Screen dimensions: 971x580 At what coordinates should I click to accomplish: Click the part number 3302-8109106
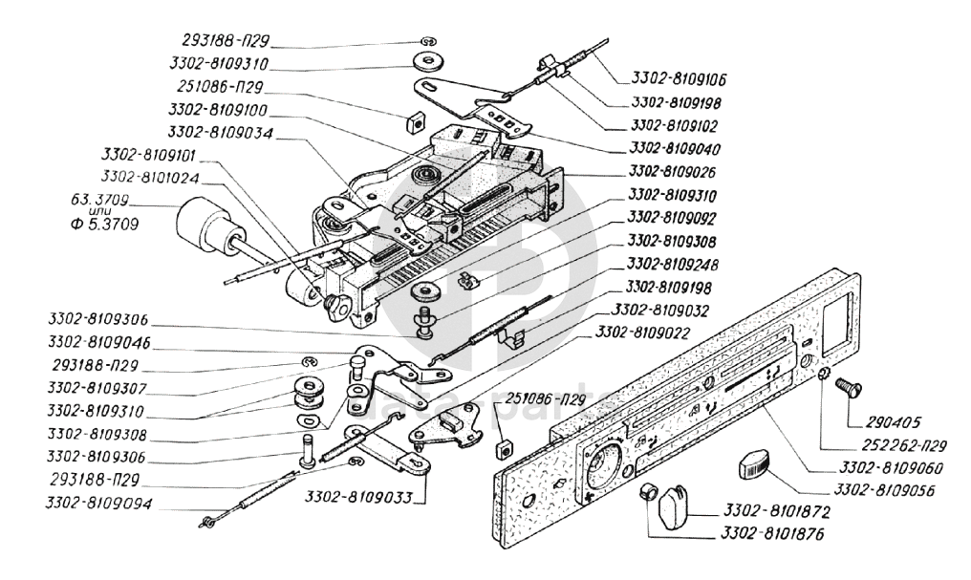(x=680, y=79)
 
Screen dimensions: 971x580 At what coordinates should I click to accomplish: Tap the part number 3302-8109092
(x=672, y=218)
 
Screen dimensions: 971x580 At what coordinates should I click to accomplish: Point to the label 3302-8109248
(x=673, y=265)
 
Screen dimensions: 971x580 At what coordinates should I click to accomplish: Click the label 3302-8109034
(x=221, y=133)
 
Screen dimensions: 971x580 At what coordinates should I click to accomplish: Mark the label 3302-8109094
(x=98, y=504)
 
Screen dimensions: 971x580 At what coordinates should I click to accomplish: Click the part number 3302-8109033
(x=358, y=498)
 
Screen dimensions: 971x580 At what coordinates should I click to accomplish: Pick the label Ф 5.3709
(x=105, y=224)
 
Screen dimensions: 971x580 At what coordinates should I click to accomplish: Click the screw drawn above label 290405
(x=849, y=388)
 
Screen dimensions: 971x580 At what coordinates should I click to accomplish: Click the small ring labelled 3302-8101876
(x=648, y=491)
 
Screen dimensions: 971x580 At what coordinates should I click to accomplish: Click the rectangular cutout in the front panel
(x=840, y=323)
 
